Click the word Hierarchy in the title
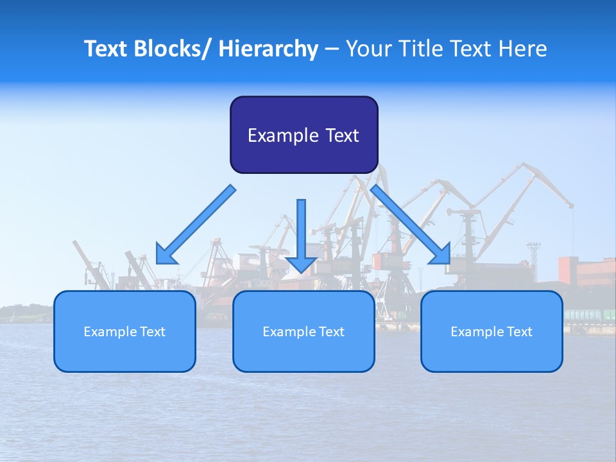pyautogui.click(x=268, y=49)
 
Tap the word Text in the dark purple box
pyautogui.click(x=341, y=135)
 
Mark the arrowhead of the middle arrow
pyautogui.click(x=301, y=263)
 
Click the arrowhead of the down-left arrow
pyautogui.click(x=166, y=255)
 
